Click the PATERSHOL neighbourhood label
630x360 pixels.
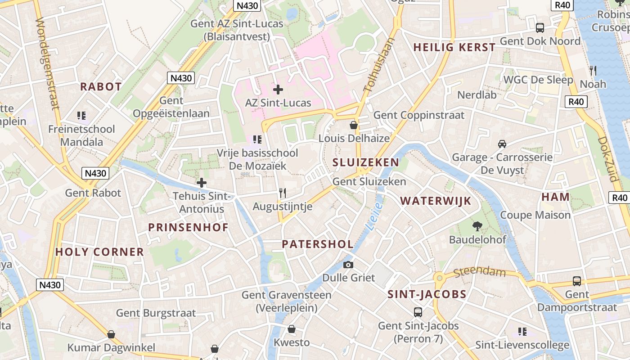[317, 244]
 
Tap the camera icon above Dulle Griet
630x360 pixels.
[348, 265]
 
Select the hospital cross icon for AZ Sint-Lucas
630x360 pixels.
[278, 89]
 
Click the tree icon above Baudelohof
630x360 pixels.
[477, 226]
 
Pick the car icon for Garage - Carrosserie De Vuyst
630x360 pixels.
[502, 144]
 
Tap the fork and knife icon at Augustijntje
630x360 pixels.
[283, 193]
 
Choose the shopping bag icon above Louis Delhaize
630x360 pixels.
[354, 125]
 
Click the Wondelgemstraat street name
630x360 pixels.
[47, 63]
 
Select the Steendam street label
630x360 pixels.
[480, 272]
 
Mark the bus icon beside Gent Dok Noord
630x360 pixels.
[540, 28]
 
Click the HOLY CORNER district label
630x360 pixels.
[99, 252]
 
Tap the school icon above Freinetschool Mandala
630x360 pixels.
[81, 116]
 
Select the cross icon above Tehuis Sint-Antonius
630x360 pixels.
[202, 183]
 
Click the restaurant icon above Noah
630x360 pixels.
[593, 71]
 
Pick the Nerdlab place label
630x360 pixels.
[477, 95]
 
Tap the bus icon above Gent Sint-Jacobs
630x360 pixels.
[418, 312]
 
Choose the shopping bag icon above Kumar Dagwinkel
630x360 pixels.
[111, 334]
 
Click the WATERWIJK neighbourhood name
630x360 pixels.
[435, 201]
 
